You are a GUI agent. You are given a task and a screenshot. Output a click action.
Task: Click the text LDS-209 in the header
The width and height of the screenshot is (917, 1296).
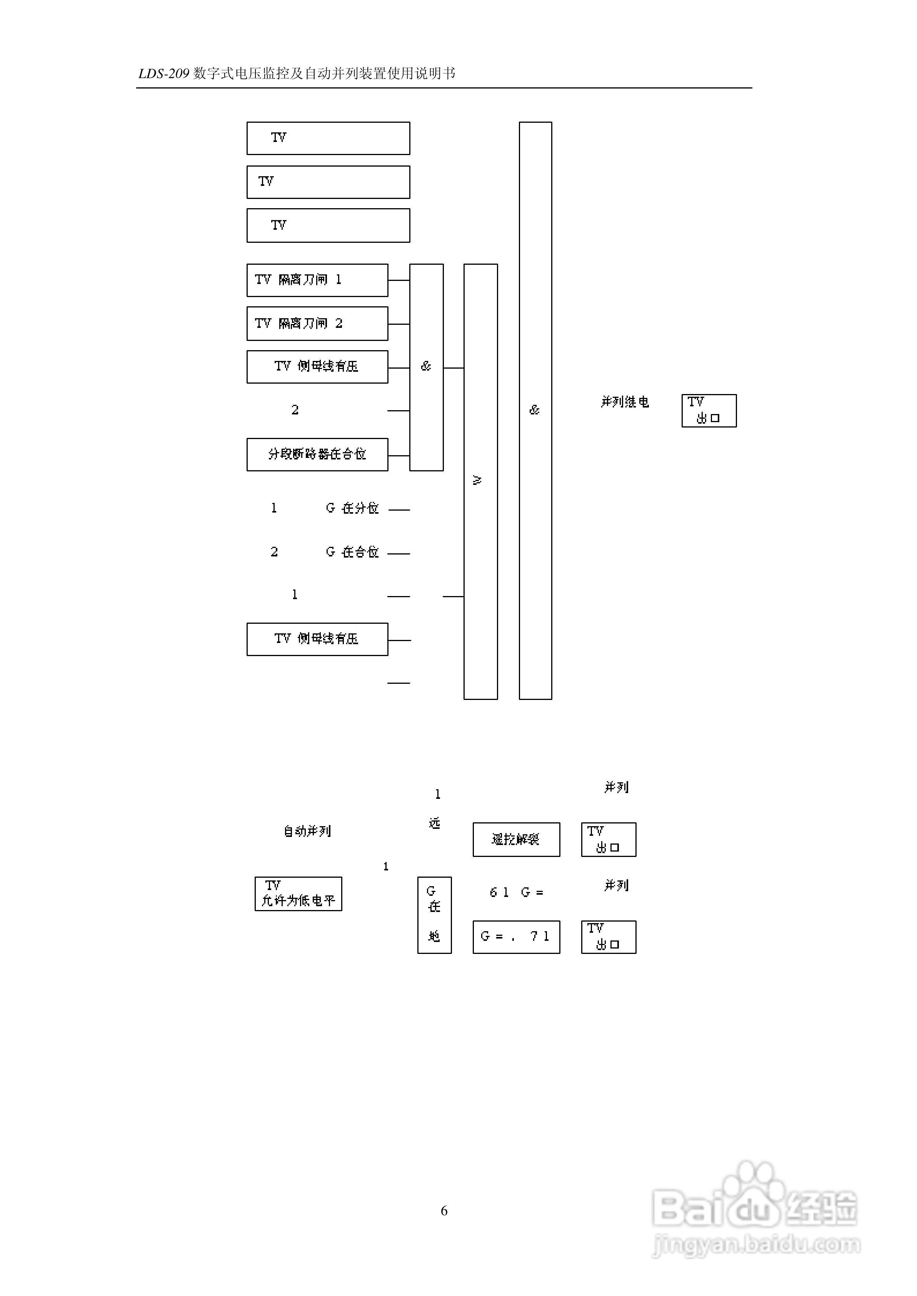pyautogui.click(x=163, y=74)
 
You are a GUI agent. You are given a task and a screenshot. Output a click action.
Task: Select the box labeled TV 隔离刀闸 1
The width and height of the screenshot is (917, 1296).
pyautogui.click(x=317, y=280)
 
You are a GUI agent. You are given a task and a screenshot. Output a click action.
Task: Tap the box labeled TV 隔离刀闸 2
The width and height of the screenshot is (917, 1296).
pyautogui.click(x=317, y=324)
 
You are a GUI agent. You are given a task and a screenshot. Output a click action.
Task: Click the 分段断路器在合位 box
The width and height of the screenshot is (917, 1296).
pyautogui.click(x=317, y=454)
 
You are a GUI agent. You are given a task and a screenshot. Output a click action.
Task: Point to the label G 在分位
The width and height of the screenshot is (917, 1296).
pyautogui.click(x=352, y=508)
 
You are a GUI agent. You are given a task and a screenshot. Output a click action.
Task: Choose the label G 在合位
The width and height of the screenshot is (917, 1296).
pyautogui.click(x=352, y=552)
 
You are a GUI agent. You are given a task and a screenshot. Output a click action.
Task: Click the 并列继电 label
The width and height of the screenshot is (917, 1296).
pyautogui.click(x=625, y=402)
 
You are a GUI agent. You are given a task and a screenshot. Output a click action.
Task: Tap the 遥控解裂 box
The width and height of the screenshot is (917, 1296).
pyautogui.click(x=516, y=840)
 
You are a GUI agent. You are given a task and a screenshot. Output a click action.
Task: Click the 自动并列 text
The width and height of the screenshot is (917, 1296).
pyautogui.click(x=307, y=831)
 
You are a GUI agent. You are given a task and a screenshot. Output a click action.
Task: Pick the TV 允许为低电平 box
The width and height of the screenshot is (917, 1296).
pyautogui.click(x=298, y=894)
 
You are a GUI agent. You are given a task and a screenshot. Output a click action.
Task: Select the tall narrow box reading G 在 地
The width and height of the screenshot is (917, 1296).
pyautogui.click(x=434, y=915)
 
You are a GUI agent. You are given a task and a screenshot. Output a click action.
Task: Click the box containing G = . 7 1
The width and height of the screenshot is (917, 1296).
pyautogui.click(x=516, y=937)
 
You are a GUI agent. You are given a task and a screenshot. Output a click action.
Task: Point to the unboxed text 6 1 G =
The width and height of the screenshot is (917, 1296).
pyautogui.click(x=516, y=893)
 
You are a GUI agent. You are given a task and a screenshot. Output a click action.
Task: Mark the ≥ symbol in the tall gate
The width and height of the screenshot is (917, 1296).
pyautogui.click(x=477, y=480)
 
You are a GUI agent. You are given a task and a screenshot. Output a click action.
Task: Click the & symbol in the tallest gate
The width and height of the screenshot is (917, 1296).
pyautogui.click(x=535, y=410)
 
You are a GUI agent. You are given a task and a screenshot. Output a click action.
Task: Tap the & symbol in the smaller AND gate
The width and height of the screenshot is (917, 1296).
pyautogui.click(x=426, y=366)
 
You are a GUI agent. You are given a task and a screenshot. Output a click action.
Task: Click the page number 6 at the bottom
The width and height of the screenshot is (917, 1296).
pyautogui.click(x=444, y=1211)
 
